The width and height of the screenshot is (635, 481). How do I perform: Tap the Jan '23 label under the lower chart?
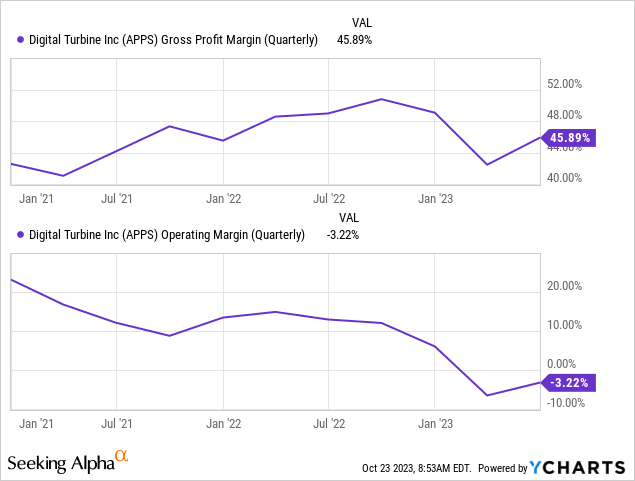(434, 424)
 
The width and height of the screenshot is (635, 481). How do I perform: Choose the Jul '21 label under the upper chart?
(117, 199)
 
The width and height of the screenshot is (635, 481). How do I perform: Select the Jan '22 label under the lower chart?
(223, 424)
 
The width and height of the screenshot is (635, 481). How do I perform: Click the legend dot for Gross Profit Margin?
(22, 40)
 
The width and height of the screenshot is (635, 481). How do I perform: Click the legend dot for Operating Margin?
(22, 235)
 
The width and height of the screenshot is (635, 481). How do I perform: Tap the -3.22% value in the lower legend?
(342, 235)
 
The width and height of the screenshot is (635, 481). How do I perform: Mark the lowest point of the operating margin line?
(487, 395)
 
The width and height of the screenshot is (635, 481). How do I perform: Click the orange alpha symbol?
(122, 457)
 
